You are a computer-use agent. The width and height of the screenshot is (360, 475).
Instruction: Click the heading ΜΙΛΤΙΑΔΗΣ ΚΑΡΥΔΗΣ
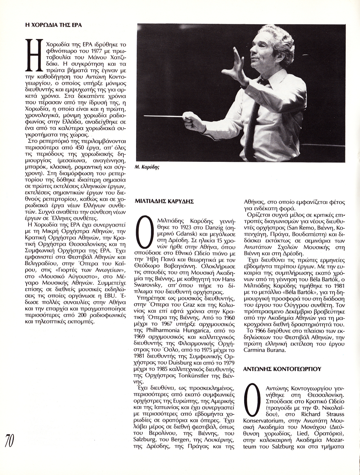(165, 201)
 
